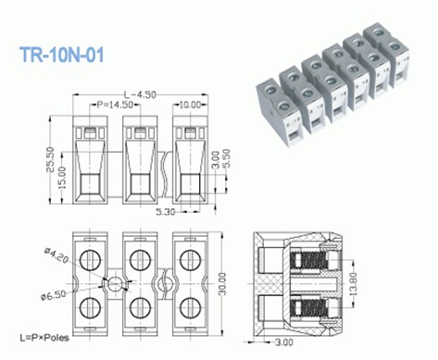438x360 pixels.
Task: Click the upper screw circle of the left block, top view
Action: point(91,256)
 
